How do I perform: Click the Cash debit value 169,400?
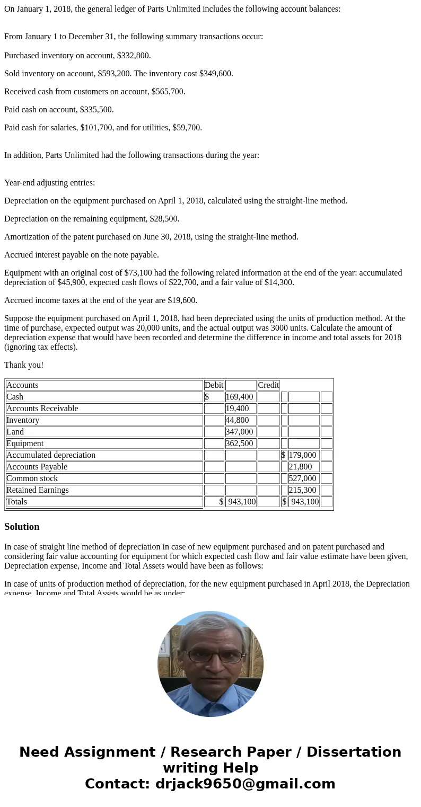(x=240, y=397)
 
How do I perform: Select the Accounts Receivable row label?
(x=42, y=409)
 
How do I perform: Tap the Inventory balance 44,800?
(x=237, y=420)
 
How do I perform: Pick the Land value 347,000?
(x=239, y=432)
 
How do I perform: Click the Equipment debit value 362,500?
(x=239, y=444)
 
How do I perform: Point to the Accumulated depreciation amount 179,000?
(x=303, y=455)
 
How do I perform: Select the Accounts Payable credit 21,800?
(x=301, y=467)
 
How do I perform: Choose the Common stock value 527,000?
(x=303, y=478)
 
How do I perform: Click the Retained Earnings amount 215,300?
(x=303, y=490)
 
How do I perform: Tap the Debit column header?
(x=214, y=385)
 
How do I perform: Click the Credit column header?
(x=268, y=385)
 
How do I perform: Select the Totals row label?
(x=16, y=502)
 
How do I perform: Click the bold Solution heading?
(x=22, y=527)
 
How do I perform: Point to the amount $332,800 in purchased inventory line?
(x=134, y=56)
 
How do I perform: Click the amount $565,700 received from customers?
(x=168, y=92)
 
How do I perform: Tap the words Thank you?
(x=24, y=365)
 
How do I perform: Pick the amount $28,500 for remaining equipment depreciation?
(x=161, y=219)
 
